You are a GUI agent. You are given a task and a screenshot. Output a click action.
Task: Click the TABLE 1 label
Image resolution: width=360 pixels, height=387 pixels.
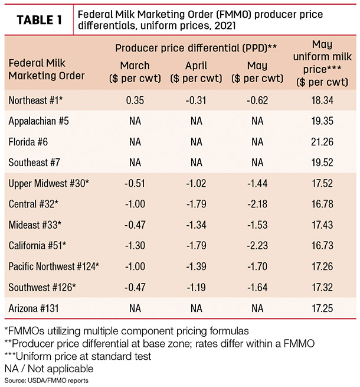39,20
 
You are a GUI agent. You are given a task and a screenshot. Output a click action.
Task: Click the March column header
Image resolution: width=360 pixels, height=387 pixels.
135,72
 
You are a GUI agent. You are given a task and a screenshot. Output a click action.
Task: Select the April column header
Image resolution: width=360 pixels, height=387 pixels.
197,72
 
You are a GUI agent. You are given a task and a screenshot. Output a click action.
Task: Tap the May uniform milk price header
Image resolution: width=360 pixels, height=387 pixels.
322,63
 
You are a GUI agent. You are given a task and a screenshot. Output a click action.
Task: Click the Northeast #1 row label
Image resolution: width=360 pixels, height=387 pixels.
35,100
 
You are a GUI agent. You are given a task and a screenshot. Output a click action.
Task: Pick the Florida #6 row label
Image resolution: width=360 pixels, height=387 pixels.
28,142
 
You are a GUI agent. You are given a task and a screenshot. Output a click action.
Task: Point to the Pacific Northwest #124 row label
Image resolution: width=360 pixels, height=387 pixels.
54,266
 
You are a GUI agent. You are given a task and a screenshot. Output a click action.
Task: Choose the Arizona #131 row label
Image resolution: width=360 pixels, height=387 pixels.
34,308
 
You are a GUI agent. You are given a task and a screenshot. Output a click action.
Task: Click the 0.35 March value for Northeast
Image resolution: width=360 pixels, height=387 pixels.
135,100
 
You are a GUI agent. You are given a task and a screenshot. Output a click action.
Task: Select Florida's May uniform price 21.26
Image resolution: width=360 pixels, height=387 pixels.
322,142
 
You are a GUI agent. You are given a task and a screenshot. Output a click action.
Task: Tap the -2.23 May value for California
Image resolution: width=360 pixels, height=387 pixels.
257,246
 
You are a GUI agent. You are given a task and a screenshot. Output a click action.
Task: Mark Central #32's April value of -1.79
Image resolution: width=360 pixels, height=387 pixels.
197,204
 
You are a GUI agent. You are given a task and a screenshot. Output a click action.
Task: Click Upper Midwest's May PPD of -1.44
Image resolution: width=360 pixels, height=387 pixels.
257,183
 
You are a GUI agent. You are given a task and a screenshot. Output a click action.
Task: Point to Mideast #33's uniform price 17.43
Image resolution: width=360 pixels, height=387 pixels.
322,225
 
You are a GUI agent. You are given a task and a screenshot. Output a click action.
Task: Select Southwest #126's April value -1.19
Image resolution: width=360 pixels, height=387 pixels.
197,287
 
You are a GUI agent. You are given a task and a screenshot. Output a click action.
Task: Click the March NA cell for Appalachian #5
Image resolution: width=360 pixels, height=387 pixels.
135,121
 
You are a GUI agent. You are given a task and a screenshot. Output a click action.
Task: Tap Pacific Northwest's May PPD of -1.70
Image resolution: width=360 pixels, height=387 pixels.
257,266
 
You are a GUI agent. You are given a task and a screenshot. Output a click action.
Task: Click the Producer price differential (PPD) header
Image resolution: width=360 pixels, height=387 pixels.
196,48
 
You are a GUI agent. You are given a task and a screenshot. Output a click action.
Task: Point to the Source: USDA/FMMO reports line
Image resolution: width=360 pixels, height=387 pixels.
47,381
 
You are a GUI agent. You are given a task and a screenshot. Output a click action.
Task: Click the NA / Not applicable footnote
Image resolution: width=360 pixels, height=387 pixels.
49,369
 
